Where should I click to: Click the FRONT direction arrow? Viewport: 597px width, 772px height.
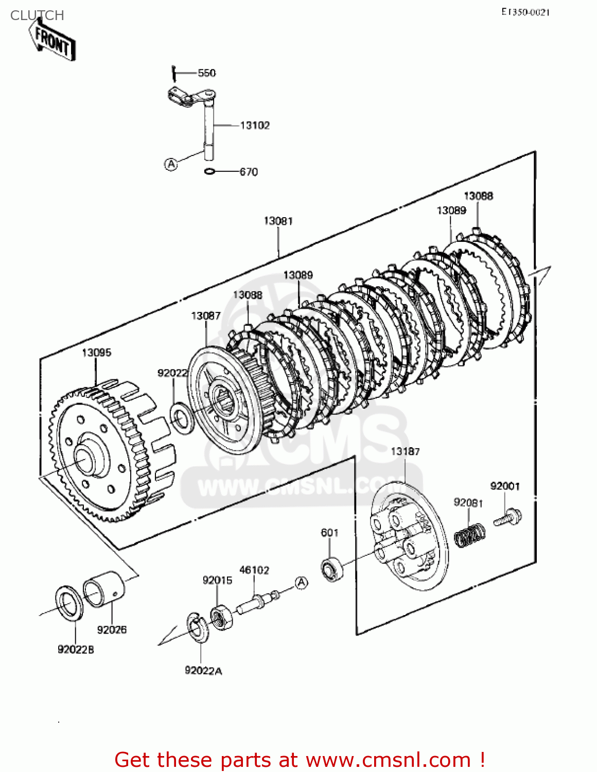[52, 40]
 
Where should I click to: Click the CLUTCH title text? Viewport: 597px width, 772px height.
[37, 15]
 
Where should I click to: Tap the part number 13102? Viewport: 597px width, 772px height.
[255, 126]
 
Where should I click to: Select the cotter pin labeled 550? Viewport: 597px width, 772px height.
[173, 74]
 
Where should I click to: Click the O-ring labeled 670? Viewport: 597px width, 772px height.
[210, 171]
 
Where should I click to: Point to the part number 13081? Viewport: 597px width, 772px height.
[278, 221]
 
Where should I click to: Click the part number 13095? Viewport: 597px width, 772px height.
[97, 353]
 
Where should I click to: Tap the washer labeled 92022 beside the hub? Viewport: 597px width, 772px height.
[182, 418]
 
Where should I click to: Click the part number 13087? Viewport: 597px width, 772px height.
[206, 315]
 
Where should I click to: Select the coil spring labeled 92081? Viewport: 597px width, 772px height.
[470, 534]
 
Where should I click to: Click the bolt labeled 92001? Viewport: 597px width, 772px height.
[507, 517]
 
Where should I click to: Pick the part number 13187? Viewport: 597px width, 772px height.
[405, 451]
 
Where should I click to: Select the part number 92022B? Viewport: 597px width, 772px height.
[76, 650]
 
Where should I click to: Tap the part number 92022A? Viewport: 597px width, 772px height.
[203, 671]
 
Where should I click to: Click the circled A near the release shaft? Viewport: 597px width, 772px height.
[171, 165]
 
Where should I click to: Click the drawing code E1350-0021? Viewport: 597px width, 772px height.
[525, 12]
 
